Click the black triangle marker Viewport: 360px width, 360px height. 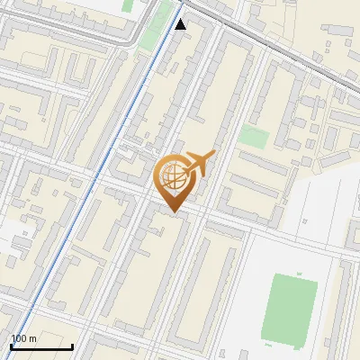coord(181,24)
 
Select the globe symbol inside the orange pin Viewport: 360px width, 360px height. coord(172,175)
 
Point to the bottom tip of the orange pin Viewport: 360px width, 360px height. coord(172,212)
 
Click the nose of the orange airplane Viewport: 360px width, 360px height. coord(214,154)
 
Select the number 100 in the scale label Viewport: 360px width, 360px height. coord(19,339)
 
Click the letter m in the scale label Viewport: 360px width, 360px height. coord(32,339)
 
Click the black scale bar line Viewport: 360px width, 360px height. coord(40,346)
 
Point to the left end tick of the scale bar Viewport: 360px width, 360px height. coord(10,345)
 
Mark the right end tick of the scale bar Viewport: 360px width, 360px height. coord(72,345)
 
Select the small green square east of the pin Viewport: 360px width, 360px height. coord(254,137)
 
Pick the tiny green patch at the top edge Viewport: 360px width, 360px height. coord(128,5)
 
